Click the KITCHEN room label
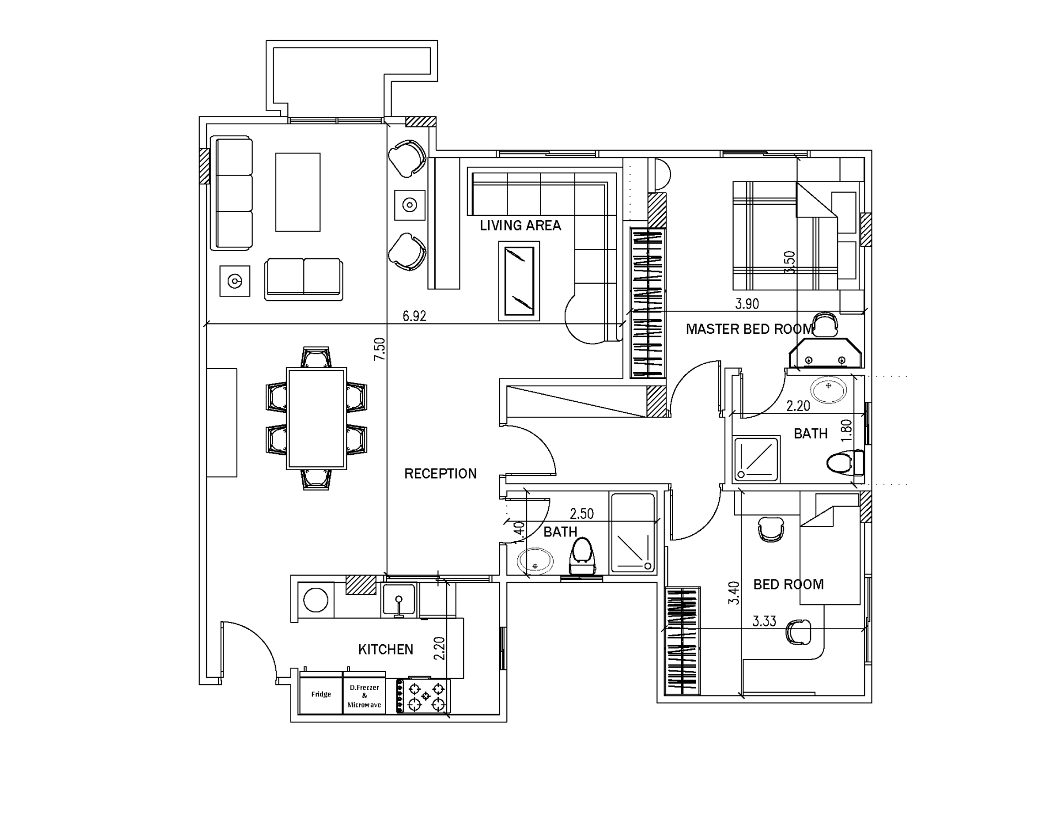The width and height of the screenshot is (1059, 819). [386, 650]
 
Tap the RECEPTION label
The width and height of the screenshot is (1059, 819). [440, 474]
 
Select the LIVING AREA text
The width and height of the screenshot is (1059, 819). [520, 225]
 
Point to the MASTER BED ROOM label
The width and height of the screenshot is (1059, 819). [749, 329]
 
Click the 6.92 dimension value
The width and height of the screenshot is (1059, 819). [414, 316]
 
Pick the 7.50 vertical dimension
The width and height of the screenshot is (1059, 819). [379, 349]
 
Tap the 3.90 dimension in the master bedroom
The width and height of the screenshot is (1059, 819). [747, 304]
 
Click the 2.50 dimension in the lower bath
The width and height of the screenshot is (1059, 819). [581, 514]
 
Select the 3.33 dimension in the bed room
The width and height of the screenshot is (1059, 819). [764, 621]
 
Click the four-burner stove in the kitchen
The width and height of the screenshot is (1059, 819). [424, 696]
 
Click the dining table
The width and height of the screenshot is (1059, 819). [317, 419]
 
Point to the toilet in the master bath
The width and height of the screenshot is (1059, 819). [846, 462]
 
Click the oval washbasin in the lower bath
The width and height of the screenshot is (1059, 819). [535, 562]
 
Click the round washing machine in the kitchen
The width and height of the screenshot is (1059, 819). [316, 600]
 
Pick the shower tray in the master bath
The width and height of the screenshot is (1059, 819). [757, 459]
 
